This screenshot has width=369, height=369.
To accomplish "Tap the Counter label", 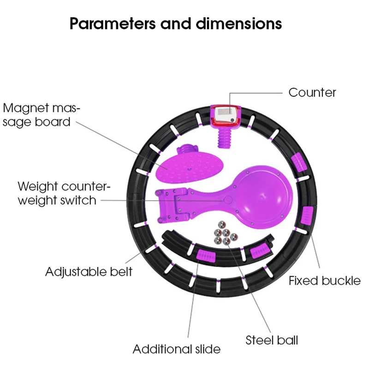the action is [x=312, y=92].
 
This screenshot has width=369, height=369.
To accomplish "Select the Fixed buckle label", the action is [x=325, y=280].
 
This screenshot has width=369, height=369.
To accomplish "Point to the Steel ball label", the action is [x=272, y=340].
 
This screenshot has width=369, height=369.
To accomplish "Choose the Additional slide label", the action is [x=177, y=349].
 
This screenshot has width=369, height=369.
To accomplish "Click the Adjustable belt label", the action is [x=89, y=272].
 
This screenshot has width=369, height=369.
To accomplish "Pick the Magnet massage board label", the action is [x=42, y=115].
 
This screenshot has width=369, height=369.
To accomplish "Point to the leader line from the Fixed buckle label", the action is [x=314, y=249].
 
